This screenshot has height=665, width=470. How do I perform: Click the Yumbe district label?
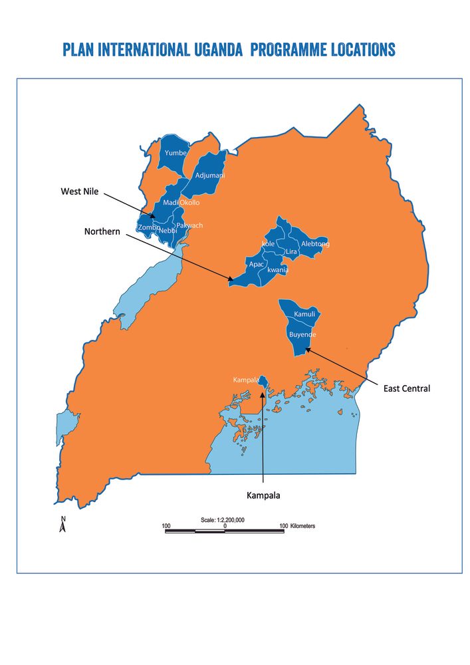[176, 153]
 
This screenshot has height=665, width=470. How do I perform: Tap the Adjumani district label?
[210, 176]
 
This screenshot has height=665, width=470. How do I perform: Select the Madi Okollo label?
[181, 202]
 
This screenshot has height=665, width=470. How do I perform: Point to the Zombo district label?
[148, 227]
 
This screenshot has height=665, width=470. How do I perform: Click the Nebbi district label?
[168, 231]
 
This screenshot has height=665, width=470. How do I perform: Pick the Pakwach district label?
[189, 225]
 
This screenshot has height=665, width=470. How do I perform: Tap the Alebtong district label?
[315, 244]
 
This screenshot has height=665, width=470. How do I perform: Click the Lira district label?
[291, 252]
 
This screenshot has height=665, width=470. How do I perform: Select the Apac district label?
[257, 264]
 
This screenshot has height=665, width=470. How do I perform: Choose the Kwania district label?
[277, 270]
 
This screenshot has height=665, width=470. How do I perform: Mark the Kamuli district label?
[304, 313]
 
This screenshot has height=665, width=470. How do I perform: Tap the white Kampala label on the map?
[245, 380]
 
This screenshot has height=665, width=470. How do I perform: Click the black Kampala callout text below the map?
[264, 495]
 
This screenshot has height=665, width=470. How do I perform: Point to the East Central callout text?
[406, 388]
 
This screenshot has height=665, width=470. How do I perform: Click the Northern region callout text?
[102, 231]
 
